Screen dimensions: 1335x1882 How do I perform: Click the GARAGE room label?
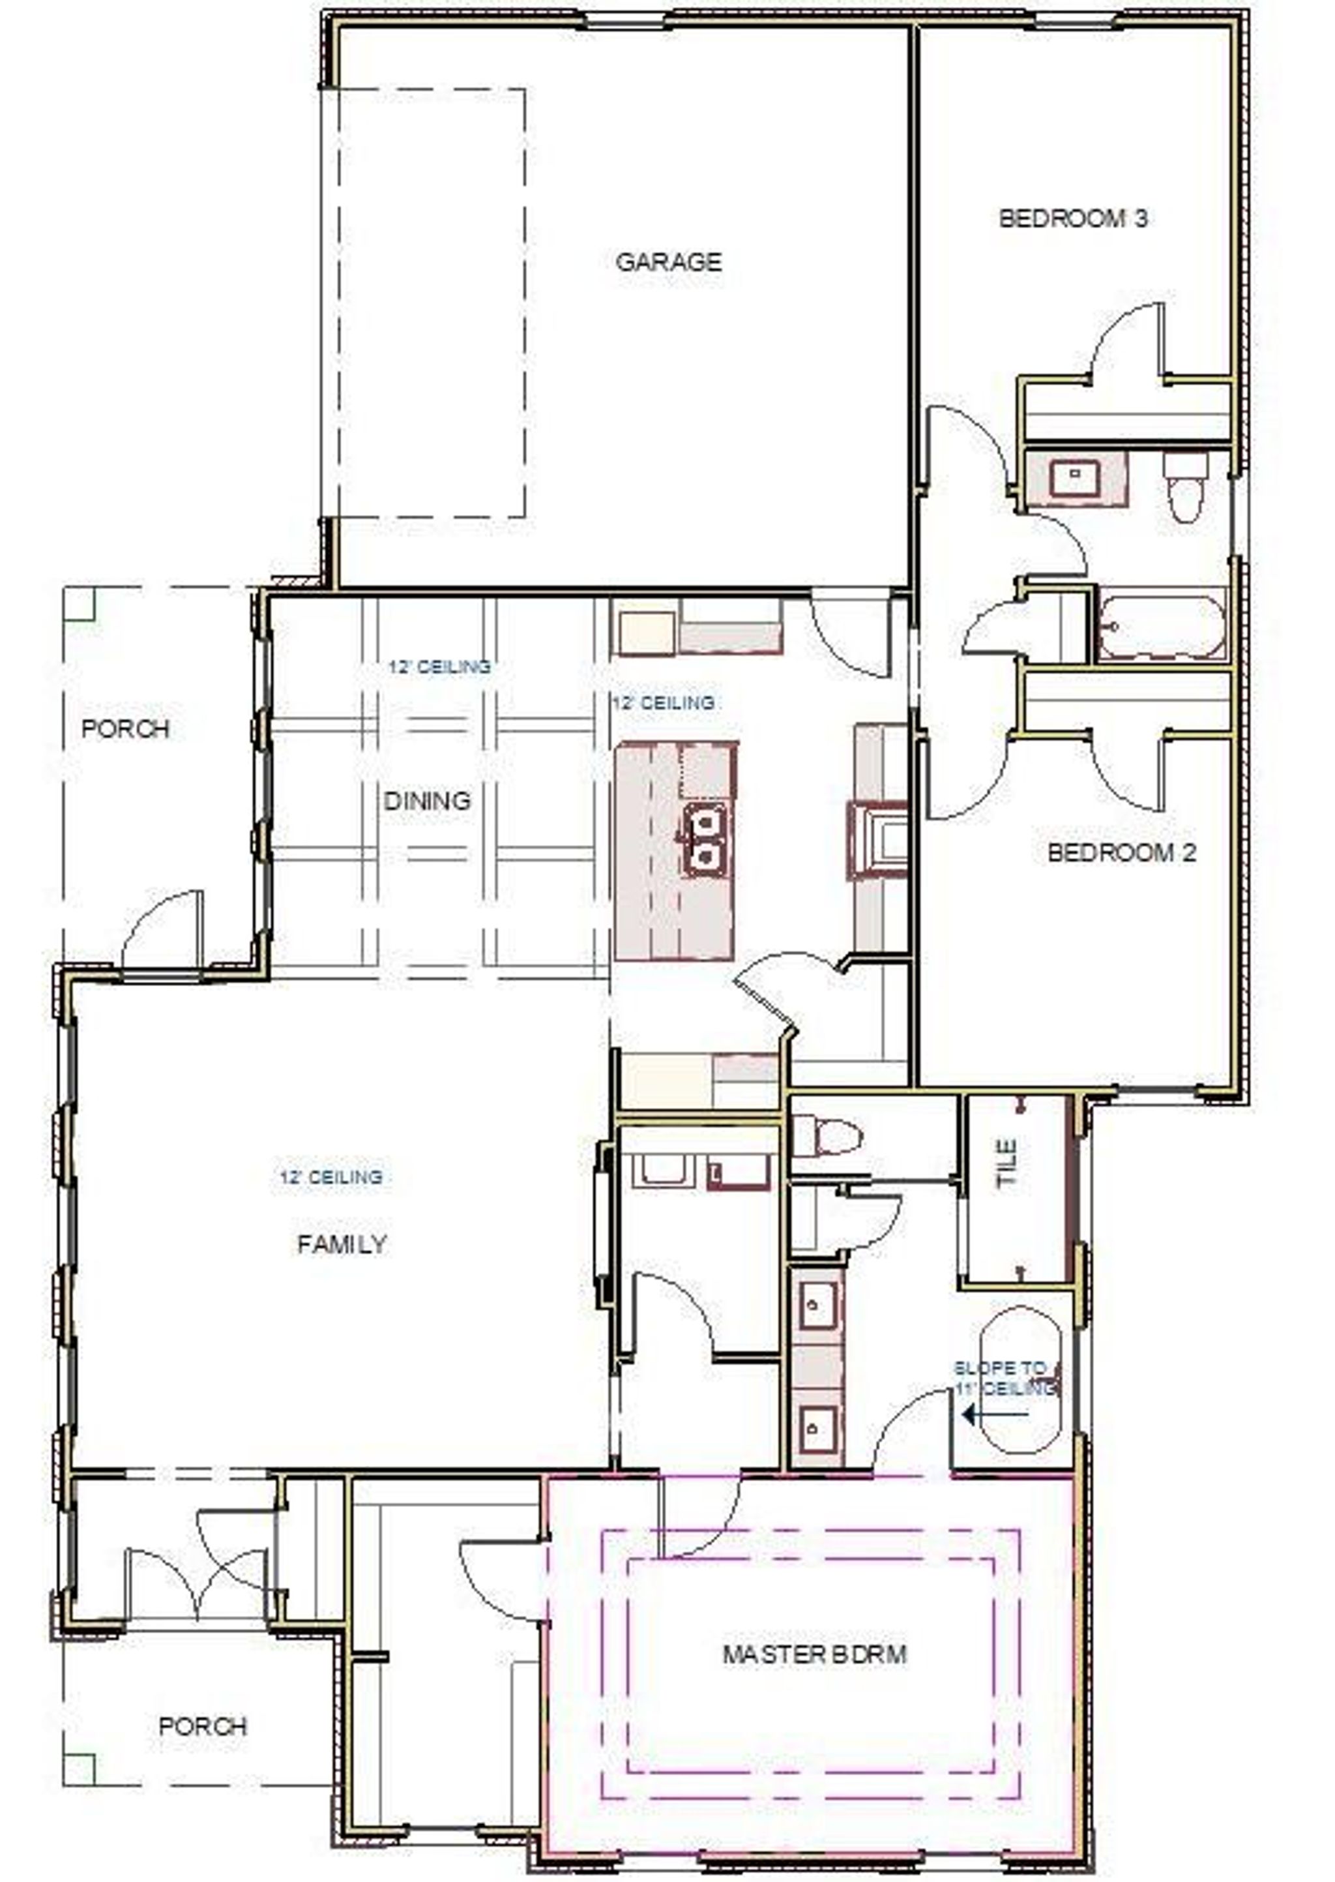coord(668,262)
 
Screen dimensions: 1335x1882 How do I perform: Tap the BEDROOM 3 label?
coord(1073,218)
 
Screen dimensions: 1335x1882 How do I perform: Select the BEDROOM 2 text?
coord(1121,852)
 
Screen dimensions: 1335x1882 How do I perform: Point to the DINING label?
coord(428,801)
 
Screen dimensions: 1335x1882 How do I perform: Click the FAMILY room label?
coord(342,1244)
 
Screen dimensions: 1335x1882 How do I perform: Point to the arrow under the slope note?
coord(995,1414)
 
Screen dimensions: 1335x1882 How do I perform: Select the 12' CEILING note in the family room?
coord(331,1177)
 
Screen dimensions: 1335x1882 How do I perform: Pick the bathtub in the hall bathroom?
coord(1162,627)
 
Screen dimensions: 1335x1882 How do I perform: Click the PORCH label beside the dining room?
coord(126,729)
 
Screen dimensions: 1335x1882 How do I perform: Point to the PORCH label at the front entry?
coord(203,1727)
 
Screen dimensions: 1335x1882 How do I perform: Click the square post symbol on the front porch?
coord(79,1769)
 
